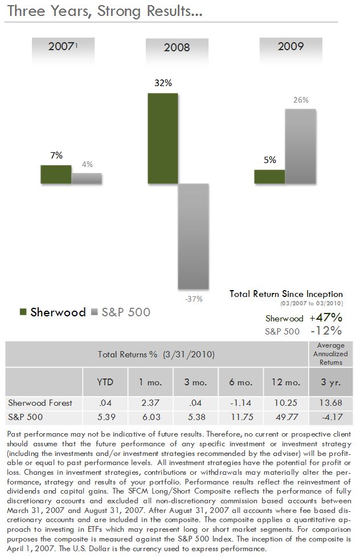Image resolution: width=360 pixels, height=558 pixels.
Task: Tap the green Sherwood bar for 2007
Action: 56,174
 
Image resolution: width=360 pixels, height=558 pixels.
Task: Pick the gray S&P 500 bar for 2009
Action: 300,146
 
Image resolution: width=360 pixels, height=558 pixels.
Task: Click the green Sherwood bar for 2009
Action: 269,177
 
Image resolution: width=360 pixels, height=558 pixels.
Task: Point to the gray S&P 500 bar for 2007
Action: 87,178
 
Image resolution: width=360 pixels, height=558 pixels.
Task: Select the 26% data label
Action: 301,100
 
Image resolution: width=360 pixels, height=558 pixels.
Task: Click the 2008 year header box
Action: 177,48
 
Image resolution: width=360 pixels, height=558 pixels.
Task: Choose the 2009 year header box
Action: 291,47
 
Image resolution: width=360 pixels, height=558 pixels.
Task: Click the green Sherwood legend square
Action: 23,312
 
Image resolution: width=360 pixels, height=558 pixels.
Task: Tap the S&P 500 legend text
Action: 126,312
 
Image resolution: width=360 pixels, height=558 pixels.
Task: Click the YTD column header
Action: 106,382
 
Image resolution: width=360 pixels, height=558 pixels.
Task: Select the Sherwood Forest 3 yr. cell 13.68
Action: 331,403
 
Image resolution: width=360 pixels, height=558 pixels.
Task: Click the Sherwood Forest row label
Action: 40,403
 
